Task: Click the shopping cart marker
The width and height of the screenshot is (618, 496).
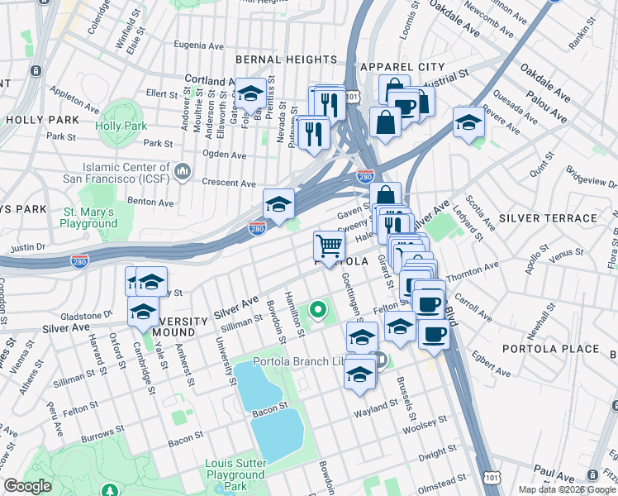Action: pyautogui.click(x=329, y=246)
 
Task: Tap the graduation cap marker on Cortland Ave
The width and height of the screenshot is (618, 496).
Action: pyautogui.click(x=250, y=95)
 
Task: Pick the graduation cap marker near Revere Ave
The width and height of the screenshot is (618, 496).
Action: pyautogui.click(x=468, y=122)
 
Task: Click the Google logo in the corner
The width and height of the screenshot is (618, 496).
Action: pyautogui.click(x=28, y=486)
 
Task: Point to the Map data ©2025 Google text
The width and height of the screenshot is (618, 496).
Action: pyautogui.click(x=566, y=489)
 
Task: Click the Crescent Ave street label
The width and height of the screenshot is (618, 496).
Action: pyautogui.click(x=229, y=183)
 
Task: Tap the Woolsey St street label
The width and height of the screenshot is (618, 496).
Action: pyautogui.click(x=425, y=424)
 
